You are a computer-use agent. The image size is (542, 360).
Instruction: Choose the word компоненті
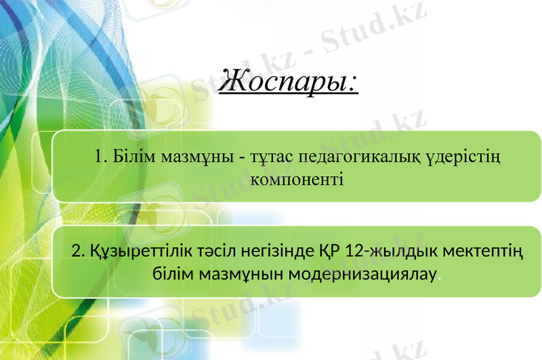297,180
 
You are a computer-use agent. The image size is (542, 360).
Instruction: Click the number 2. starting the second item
77,253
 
